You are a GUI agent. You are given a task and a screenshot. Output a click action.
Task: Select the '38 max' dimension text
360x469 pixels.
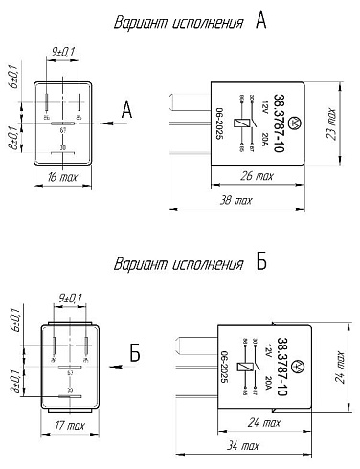pyautogui.click(x=235, y=201)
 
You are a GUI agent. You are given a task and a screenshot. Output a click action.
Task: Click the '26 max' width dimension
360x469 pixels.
pyautogui.click(x=257, y=177)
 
